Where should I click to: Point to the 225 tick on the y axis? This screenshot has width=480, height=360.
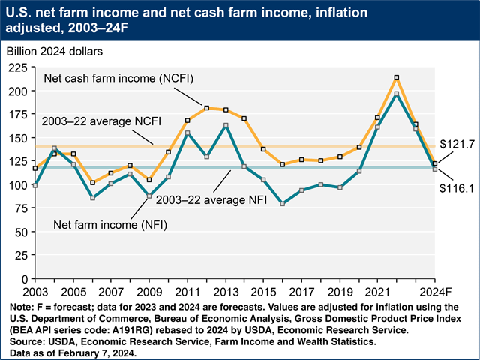tap(19, 67)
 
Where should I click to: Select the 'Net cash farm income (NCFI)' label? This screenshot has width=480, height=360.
tap(110, 78)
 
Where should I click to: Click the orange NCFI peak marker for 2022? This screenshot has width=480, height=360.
tap(396, 77)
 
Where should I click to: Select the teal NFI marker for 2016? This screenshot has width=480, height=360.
tap(282, 203)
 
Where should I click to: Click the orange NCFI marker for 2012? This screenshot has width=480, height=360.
tap(206, 108)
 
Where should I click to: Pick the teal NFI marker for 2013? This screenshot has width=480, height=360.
tap(226, 125)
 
